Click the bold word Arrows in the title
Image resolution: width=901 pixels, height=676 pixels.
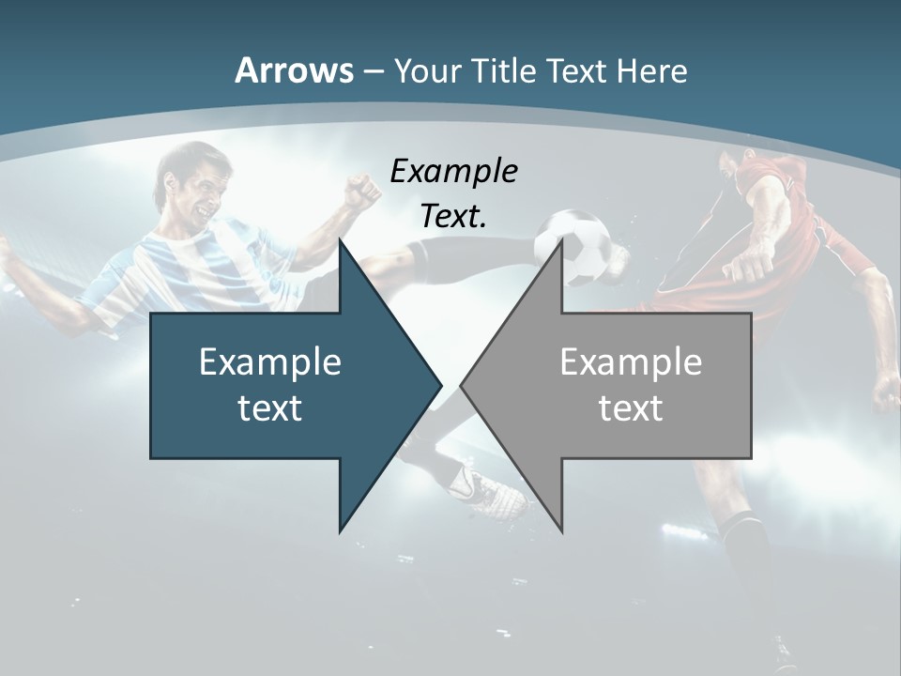click(294, 70)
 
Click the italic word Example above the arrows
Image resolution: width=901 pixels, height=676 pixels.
click(453, 172)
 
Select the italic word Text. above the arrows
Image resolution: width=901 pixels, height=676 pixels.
click(453, 217)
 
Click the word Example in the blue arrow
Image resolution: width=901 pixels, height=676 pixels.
click(270, 361)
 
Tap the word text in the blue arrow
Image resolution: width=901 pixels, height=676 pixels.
click(270, 407)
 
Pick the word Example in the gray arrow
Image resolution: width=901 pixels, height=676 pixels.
click(631, 361)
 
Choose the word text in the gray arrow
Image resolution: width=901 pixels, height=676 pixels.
click(631, 407)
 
